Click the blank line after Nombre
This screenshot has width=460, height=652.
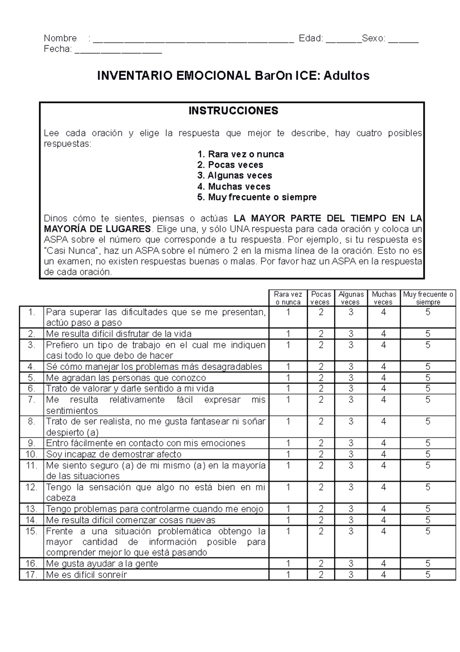(193, 40)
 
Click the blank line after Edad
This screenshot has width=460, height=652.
(343, 40)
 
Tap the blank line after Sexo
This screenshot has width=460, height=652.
(403, 40)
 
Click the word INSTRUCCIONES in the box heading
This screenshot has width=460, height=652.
(233, 111)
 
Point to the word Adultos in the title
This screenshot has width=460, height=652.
(347, 76)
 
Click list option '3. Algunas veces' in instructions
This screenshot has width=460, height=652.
(235, 175)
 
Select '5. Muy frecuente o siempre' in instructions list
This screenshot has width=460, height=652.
(257, 197)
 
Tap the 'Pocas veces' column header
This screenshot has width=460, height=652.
(321, 298)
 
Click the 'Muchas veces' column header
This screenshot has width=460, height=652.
(384, 298)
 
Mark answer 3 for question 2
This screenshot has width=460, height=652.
(351, 334)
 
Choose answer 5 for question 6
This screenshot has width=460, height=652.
(428, 388)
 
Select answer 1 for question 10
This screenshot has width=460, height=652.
(288, 454)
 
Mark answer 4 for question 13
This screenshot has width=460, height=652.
(384, 509)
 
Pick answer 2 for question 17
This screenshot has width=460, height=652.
(321, 574)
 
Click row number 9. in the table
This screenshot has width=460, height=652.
(31, 443)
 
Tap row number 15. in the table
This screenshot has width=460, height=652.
(31, 531)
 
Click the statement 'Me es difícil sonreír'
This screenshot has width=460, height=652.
(86, 574)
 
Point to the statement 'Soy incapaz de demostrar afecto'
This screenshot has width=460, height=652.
(113, 454)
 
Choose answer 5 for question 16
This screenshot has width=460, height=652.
(428, 563)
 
